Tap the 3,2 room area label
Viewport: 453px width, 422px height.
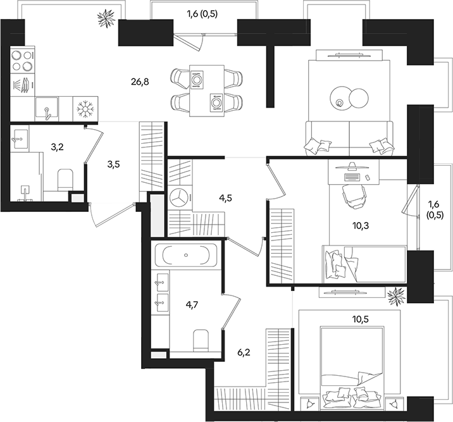[58, 149]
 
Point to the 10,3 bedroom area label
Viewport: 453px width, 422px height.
[359, 225]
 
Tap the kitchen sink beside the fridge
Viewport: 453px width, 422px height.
[47, 108]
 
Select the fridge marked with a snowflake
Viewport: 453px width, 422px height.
[84, 108]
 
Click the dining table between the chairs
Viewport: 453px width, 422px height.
[207, 90]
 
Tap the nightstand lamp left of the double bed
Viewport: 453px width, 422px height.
[308, 402]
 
